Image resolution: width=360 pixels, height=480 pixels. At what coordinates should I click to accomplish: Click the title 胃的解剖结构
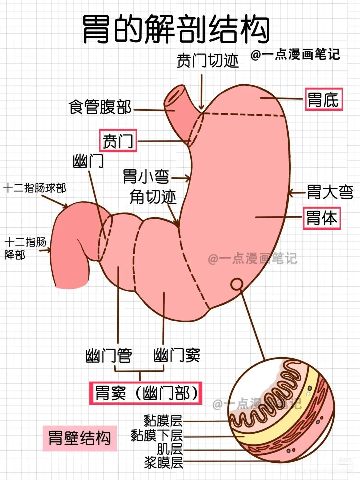click(176, 29)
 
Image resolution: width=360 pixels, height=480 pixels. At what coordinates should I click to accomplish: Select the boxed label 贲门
click(118, 141)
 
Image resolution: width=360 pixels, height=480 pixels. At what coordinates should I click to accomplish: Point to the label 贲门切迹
click(208, 61)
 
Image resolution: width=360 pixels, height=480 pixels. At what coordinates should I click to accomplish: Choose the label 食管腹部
click(100, 107)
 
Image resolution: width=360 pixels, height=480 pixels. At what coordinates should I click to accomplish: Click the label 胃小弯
click(146, 176)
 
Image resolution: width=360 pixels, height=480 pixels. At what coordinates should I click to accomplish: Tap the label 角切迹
click(153, 197)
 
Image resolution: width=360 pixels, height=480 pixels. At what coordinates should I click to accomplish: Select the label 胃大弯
click(330, 192)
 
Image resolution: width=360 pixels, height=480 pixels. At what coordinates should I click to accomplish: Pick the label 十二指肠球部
click(35, 188)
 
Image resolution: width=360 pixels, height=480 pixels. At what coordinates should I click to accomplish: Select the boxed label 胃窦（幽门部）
click(146, 393)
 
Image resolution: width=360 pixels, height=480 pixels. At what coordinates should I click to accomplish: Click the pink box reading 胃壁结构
click(80, 438)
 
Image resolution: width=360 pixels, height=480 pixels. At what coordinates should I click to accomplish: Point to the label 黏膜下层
click(157, 435)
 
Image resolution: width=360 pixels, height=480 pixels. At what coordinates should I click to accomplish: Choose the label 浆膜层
click(163, 463)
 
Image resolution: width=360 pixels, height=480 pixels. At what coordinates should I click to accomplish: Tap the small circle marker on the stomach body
click(237, 284)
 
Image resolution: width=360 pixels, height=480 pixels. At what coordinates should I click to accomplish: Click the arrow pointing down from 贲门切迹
click(201, 92)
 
